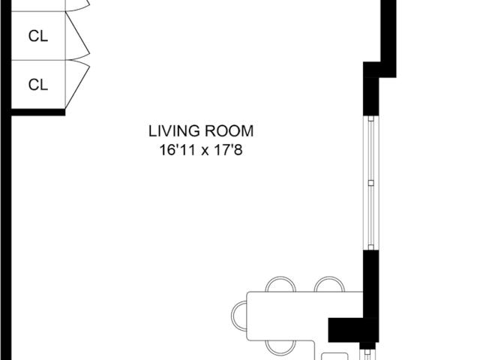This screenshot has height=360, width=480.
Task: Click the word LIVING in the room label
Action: [174, 131]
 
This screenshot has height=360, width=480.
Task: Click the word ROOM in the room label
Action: [229, 131]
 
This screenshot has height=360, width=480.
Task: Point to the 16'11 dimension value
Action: [178, 150]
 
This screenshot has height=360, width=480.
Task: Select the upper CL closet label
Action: [38, 36]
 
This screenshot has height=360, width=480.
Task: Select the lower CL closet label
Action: [38, 85]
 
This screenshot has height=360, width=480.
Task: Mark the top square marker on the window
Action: [371, 118]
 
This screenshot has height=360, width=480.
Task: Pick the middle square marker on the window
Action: [371, 183]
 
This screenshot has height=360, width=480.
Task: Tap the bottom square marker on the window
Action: [371, 247]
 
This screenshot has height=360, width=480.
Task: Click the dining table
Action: [304, 316]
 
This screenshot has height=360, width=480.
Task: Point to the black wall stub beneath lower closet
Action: [38, 112]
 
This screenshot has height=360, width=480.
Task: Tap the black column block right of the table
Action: [353, 330]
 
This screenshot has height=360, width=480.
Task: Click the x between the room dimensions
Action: [205, 151]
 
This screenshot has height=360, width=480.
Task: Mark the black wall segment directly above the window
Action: [371, 97]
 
